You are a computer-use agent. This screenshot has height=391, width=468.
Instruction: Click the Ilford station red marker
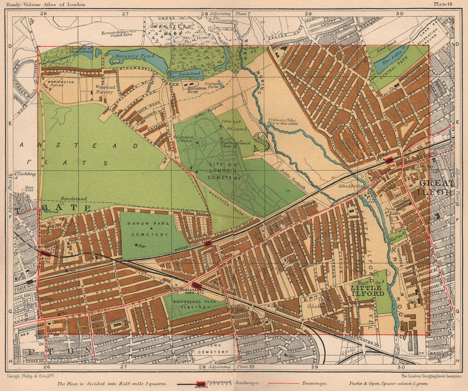click(389, 160)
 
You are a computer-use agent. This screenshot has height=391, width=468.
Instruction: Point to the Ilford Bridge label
click(348, 185)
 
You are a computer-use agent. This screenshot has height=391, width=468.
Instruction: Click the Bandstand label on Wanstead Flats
click(71, 199)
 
